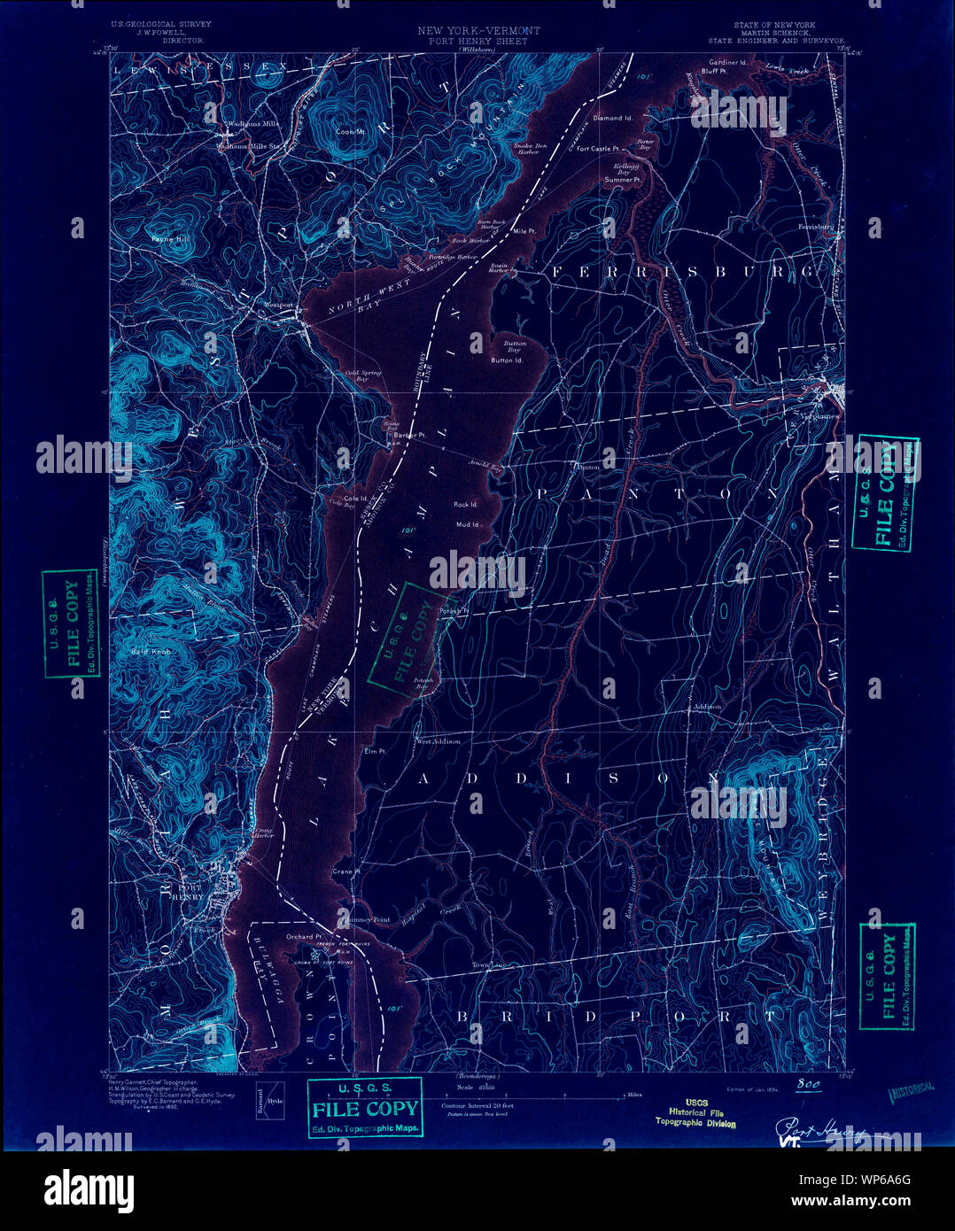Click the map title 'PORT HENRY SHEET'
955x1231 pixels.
coord(477,42)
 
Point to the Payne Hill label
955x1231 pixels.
coord(170,239)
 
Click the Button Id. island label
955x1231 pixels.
coord(507,360)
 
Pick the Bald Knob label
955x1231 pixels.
coord(151,652)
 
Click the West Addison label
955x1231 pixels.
coord(439,741)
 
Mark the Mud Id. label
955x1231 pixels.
coord(468,525)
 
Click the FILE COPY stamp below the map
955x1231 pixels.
coord(365,1108)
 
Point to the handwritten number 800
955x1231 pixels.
coord(808,1085)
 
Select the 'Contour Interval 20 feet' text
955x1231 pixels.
coord(477,1106)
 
